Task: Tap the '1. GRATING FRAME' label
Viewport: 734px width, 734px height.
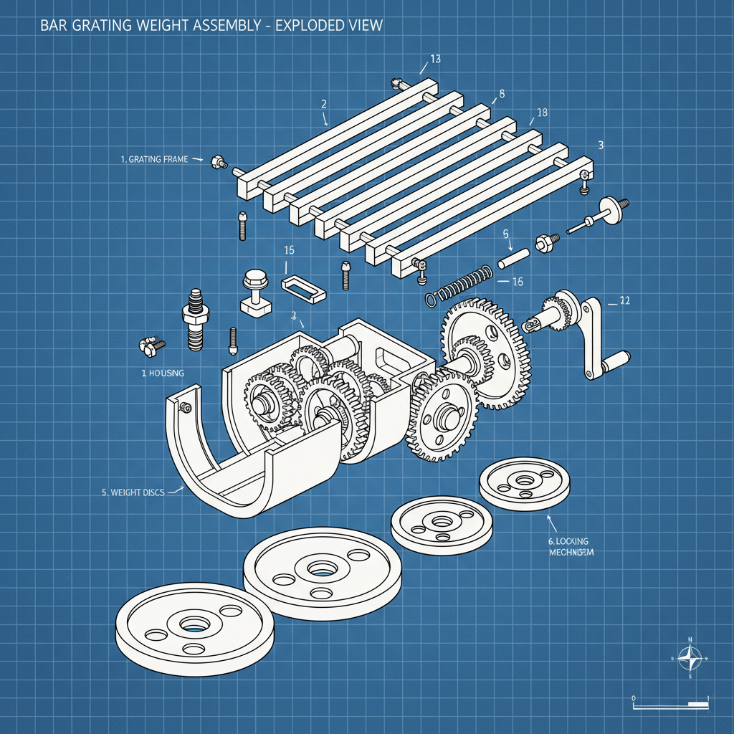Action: coord(155,159)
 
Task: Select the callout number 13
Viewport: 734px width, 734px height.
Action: coord(435,59)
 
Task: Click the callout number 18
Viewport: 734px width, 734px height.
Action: coord(542,113)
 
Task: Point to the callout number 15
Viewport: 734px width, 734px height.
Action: coord(290,251)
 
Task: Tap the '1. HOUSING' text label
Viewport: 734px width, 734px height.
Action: coord(162,373)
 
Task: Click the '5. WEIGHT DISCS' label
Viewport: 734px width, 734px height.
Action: coord(133,492)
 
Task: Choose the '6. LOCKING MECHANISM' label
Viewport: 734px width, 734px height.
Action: coord(566,546)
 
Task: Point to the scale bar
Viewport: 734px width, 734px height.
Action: coord(670,705)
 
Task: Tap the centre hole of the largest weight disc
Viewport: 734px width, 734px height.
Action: coord(193,622)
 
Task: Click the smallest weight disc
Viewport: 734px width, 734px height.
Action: coord(525,484)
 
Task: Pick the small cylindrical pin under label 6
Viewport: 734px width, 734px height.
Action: coord(513,257)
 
